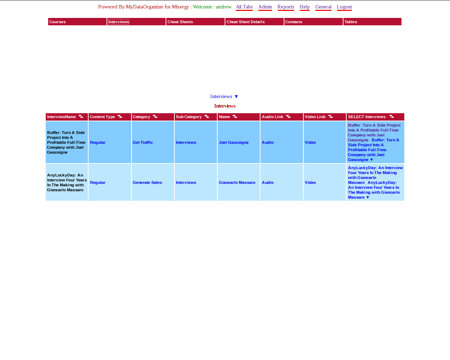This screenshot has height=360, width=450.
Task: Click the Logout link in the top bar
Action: click(x=344, y=7)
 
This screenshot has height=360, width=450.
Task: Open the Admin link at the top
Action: click(x=265, y=7)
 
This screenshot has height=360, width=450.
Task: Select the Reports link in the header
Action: click(x=285, y=7)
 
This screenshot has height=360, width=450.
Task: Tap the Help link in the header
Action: click(x=304, y=7)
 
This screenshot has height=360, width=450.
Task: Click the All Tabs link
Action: click(x=244, y=7)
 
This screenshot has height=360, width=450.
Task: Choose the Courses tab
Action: click(x=58, y=22)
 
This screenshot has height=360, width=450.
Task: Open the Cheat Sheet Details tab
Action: click(x=245, y=22)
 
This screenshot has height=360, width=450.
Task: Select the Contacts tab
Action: click(x=294, y=22)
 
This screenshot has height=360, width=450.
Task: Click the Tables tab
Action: click(x=351, y=22)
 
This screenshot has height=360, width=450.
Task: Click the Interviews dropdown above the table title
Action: click(x=224, y=96)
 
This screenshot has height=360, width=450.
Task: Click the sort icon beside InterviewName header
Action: click(x=81, y=117)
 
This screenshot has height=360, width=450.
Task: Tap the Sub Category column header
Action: click(x=189, y=117)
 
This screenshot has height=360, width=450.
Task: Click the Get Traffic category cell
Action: click(x=143, y=142)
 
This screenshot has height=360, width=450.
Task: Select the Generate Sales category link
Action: click(x=147, y=182)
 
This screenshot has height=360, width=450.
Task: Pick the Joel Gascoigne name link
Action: click(x=233, y=142)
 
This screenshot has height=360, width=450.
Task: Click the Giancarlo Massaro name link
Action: click(x=237, y=182)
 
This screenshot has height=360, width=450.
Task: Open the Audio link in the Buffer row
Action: click(x=268, y=142)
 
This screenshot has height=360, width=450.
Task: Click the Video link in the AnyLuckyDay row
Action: click(x=310, y=182)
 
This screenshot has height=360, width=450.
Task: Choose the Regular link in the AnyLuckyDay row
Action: click(x=98, y=182)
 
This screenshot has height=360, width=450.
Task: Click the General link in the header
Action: click(x=323, y=7)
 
